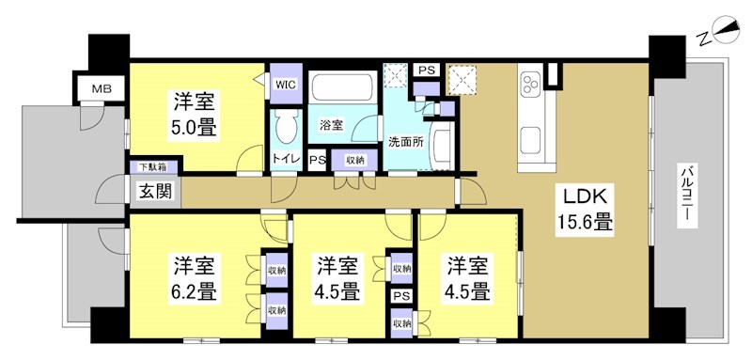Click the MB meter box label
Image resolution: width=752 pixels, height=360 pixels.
tap(98, 89)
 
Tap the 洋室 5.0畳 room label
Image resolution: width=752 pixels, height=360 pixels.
tap(196, 112)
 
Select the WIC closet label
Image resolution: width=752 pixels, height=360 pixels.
tap(285, 84)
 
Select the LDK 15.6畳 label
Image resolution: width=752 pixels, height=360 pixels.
tap(587, 210)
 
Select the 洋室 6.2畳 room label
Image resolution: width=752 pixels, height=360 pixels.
tap(196, 276)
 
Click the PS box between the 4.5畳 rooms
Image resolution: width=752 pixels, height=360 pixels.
tap(402, 296)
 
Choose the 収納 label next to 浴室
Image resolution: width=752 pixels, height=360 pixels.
tap(354, 160)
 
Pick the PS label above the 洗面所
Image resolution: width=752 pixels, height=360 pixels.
tap(426, 70)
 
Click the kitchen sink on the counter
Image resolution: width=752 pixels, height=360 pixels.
tap(529, 140)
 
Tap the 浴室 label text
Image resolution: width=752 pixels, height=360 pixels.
tap(330, 124)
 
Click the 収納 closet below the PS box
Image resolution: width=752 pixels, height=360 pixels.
tap(402, 324)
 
